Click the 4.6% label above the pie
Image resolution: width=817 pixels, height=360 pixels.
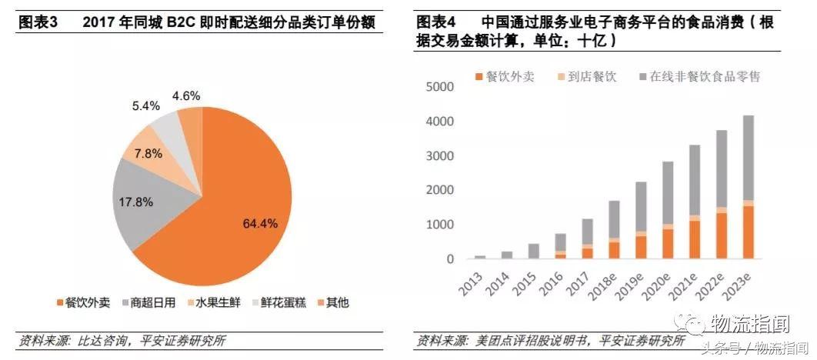coord(186,95)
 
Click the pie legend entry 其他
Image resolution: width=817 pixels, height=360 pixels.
coord(332,302)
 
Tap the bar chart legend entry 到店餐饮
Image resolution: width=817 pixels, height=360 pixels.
coord(589,77)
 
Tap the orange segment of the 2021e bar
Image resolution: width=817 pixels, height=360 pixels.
coord(695,239)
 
